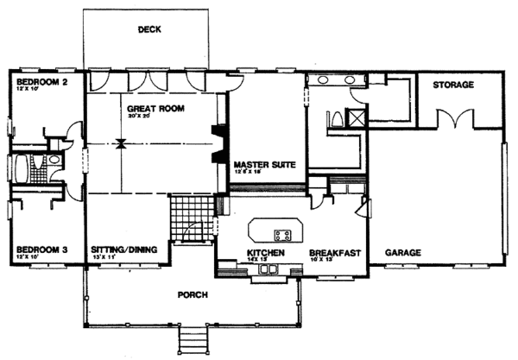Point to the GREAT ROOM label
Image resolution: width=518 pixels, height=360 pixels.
click(x=153, y=110)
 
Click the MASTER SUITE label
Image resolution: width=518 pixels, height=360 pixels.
click(x=265, y=163)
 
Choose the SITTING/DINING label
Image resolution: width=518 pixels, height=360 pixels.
click(x=123, y=249)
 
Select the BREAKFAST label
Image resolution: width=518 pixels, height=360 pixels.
click(x=334, y=252)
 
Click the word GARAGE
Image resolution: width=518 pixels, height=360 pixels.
click(x=402, y=253)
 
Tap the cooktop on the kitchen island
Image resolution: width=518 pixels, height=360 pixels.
click(x=281, y=234)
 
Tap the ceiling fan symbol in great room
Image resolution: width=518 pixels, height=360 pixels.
click(x=121, y=143)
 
